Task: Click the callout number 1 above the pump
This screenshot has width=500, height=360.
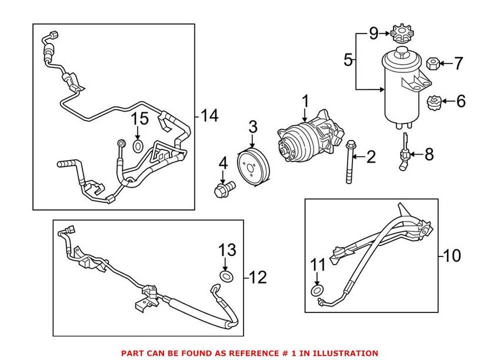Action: pyautogui.click(x=305, y=101)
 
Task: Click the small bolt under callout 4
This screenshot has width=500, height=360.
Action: pyautogui.click(x=223, y=189)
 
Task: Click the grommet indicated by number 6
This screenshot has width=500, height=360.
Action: pyautogui.click(x=432, y=103)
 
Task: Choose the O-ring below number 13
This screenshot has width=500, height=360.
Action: pyautogui.click(x=226, y=275)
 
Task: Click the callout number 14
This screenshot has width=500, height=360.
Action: pyautogui.click(x=209, y=115)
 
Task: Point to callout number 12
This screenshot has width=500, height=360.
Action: pyautogui.click(x=258, y=276)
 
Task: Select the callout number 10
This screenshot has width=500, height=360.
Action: pyautogui.click(x=452, y=256)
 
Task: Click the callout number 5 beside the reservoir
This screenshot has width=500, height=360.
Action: pyautogui.click(x=348, y=59)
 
